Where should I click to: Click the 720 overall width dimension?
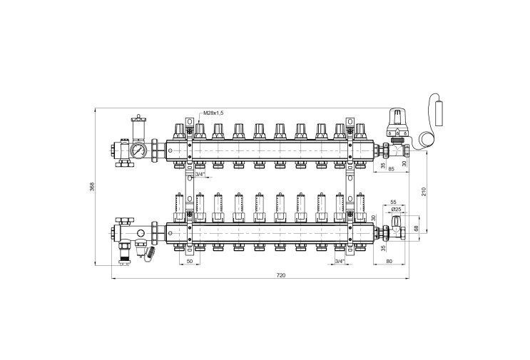(281, 275)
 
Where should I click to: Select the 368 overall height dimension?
(92, 187)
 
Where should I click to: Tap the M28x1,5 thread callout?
(213, 113)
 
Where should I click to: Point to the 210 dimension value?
(424, 191)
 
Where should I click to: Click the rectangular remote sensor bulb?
(439, 113)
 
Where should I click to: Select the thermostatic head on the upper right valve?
(397, 122)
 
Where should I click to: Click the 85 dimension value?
(392, 169)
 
